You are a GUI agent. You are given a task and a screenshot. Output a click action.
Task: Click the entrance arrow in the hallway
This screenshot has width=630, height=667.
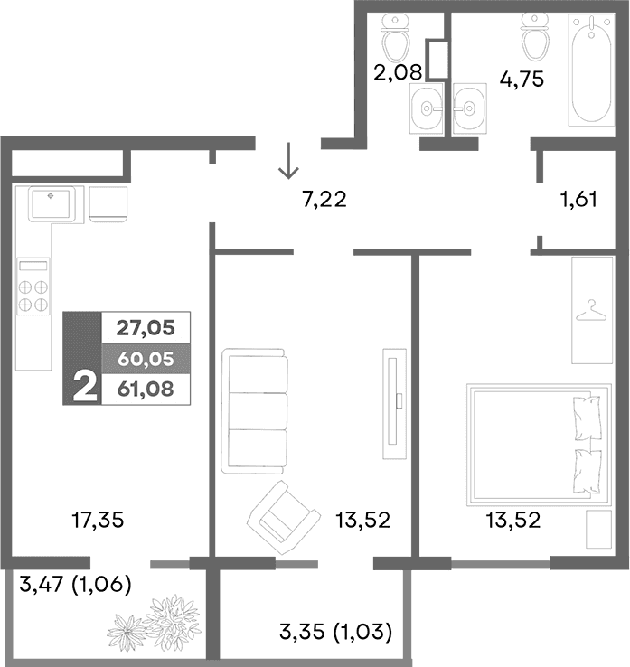click(289, 162)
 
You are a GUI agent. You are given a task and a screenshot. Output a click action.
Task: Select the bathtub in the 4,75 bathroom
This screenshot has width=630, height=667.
click(592, 77)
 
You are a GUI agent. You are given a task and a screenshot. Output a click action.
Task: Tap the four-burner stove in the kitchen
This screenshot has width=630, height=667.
click(33, 287)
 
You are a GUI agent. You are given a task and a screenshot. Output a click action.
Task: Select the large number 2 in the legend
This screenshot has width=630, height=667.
click(83, 387)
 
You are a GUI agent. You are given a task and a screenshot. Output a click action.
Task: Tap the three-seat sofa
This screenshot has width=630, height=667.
click(256, 408)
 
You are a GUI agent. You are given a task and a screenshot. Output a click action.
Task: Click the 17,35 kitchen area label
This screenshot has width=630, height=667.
click(97, 520)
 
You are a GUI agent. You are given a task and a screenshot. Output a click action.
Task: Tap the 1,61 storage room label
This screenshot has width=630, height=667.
click(578, 200)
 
